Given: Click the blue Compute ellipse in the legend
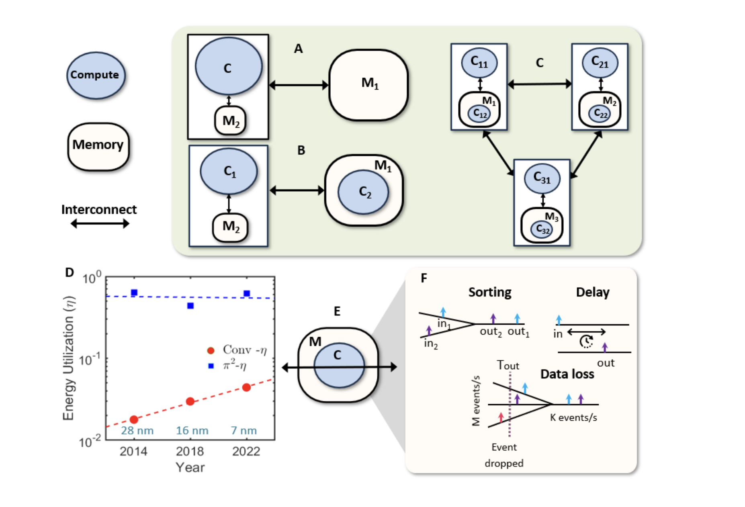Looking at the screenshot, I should click(x=96, y=75).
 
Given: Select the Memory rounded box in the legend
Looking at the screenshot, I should click(x=98, y=147).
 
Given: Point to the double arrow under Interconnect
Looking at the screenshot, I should click(x=100, y=223).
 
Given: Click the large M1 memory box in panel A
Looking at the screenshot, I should click(x=368, y=85).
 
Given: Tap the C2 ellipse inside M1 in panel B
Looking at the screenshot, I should click(x=363, y=192).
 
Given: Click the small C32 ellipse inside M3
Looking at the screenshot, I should click(x=542, y=229).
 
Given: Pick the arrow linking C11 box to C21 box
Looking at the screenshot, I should click(x=539, y=84).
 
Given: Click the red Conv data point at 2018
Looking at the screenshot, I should click(x=190, y=401).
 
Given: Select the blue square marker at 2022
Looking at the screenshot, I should click(x=247, y=294).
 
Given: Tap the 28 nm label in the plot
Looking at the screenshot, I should click(x=137, y=431).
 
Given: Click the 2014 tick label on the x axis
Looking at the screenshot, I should click(x=133, y=452).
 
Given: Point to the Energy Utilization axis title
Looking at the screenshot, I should click(x=68, y=358).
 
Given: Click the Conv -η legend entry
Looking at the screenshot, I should click(x=237, y=350).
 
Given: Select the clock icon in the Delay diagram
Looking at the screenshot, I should click(x=586, y=341).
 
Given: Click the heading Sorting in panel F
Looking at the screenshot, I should click(x=489, y=292).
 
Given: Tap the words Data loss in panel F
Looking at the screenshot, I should click(x=567, y=374).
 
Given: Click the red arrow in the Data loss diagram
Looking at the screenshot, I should click(x=501, y=417).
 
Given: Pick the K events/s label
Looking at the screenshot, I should click(x=573, y=418).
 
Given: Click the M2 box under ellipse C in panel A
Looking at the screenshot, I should click(x=230, y=121).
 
